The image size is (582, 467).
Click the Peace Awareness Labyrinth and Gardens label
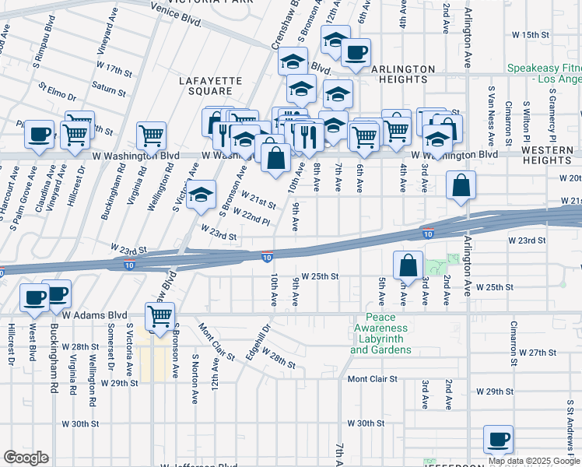tap(381, 334)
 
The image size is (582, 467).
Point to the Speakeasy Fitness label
tap(544, 74)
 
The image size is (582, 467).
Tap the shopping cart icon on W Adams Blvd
tap(160, 316)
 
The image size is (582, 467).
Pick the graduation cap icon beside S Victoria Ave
tap(202, 195)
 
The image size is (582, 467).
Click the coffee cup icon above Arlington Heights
tap(356, 53)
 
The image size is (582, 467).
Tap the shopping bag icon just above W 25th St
tap(408, 266)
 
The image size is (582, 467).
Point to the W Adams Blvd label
tap(94, 315)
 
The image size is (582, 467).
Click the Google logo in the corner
tap(26, 458)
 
